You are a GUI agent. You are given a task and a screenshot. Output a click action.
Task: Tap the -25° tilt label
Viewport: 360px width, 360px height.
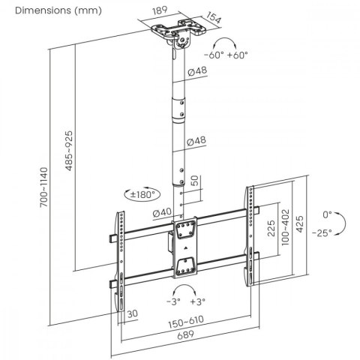327,232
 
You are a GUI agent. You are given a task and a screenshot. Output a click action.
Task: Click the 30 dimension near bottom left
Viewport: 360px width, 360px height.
132,313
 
